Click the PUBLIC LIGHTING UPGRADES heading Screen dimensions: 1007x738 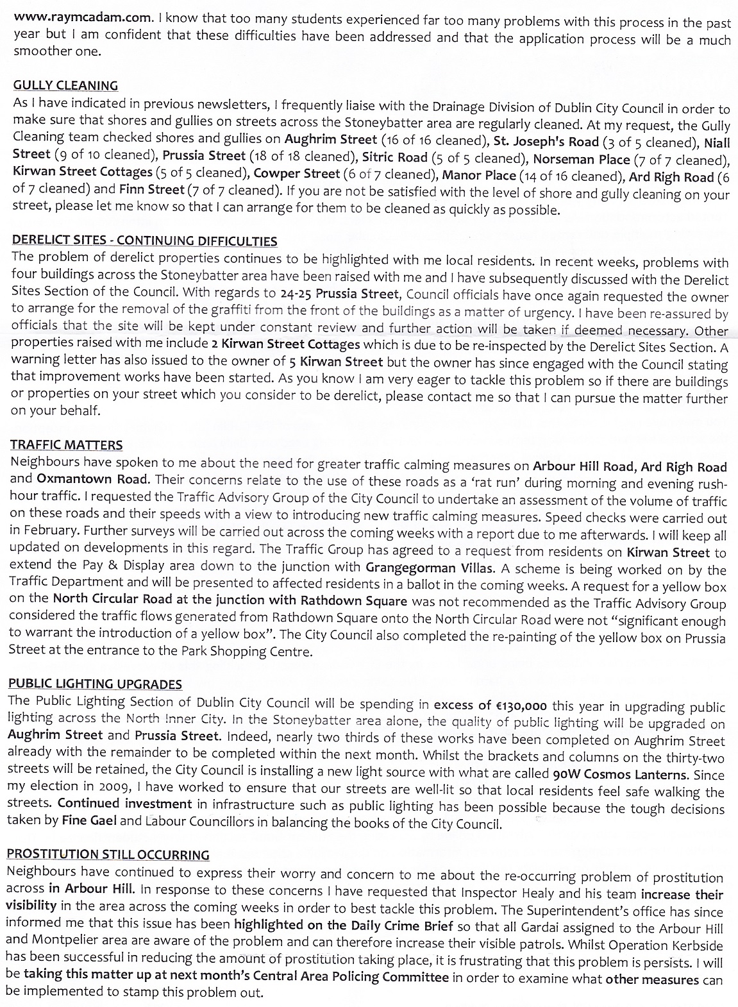coord(94,684)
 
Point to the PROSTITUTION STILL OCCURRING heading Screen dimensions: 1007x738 coord(108,854)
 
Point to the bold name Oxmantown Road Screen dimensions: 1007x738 coord(92,479)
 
